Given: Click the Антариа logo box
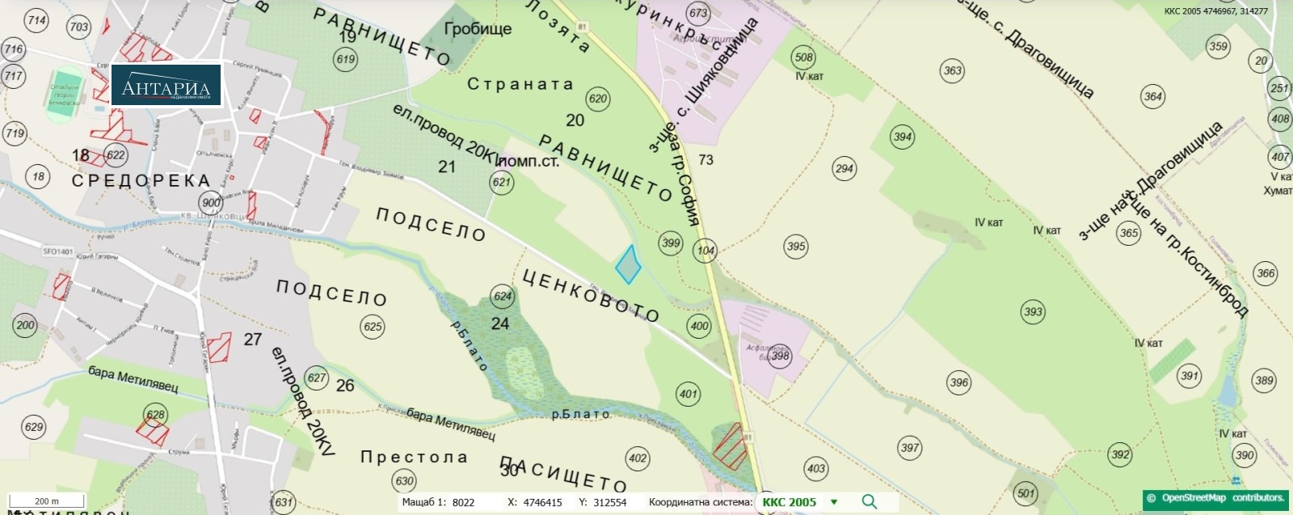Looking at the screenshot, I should pyautogui.click(x=166, y=86).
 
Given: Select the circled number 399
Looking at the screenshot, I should pyautogui.click(x=671, y=243).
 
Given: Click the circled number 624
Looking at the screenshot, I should pyautogui.click(x=503, y=296).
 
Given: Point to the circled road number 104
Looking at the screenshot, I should pyautogui.click(x=706, y=251).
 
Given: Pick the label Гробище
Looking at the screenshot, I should pyautogui.click(x=478, y=29).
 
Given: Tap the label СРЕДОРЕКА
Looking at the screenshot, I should pyautogui.click(x=141, y=180).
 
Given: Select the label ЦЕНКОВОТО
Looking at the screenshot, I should pyautogui.click(x=591, y=296).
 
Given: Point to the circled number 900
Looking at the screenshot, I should pyautogui.click(x=211, y=203).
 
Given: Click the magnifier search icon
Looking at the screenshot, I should pyautogui.click(x=869, y=502).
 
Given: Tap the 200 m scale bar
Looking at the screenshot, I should pyautogui.click(x=47, y=502).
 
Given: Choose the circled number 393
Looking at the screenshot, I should pyautogui.click(x=1033, y=311).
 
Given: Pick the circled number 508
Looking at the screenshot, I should pyautogui.click(x=803, y=57).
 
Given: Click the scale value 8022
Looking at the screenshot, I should pyautogui.click(x=463, y=502).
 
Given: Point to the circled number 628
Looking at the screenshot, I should pyautogui.click(x=155, y=415).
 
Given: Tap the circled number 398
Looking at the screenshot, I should pyautogui.click(x=780, y=356).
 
